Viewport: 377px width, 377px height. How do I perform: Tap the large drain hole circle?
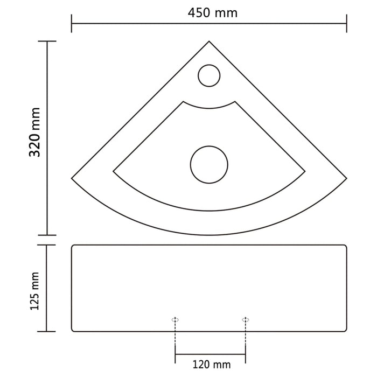(209, 163)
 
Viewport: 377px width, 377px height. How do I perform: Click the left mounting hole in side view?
(175, 320)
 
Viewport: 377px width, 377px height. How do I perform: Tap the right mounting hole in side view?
(246, 320)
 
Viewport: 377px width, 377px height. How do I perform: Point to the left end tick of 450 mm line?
(72, 23)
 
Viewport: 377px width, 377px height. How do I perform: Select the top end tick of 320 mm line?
(47, 41)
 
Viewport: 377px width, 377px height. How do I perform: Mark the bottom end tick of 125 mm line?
(47, 331)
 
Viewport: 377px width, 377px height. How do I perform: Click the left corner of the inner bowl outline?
(113, 172)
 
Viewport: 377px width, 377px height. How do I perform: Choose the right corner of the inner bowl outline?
(305, 172)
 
